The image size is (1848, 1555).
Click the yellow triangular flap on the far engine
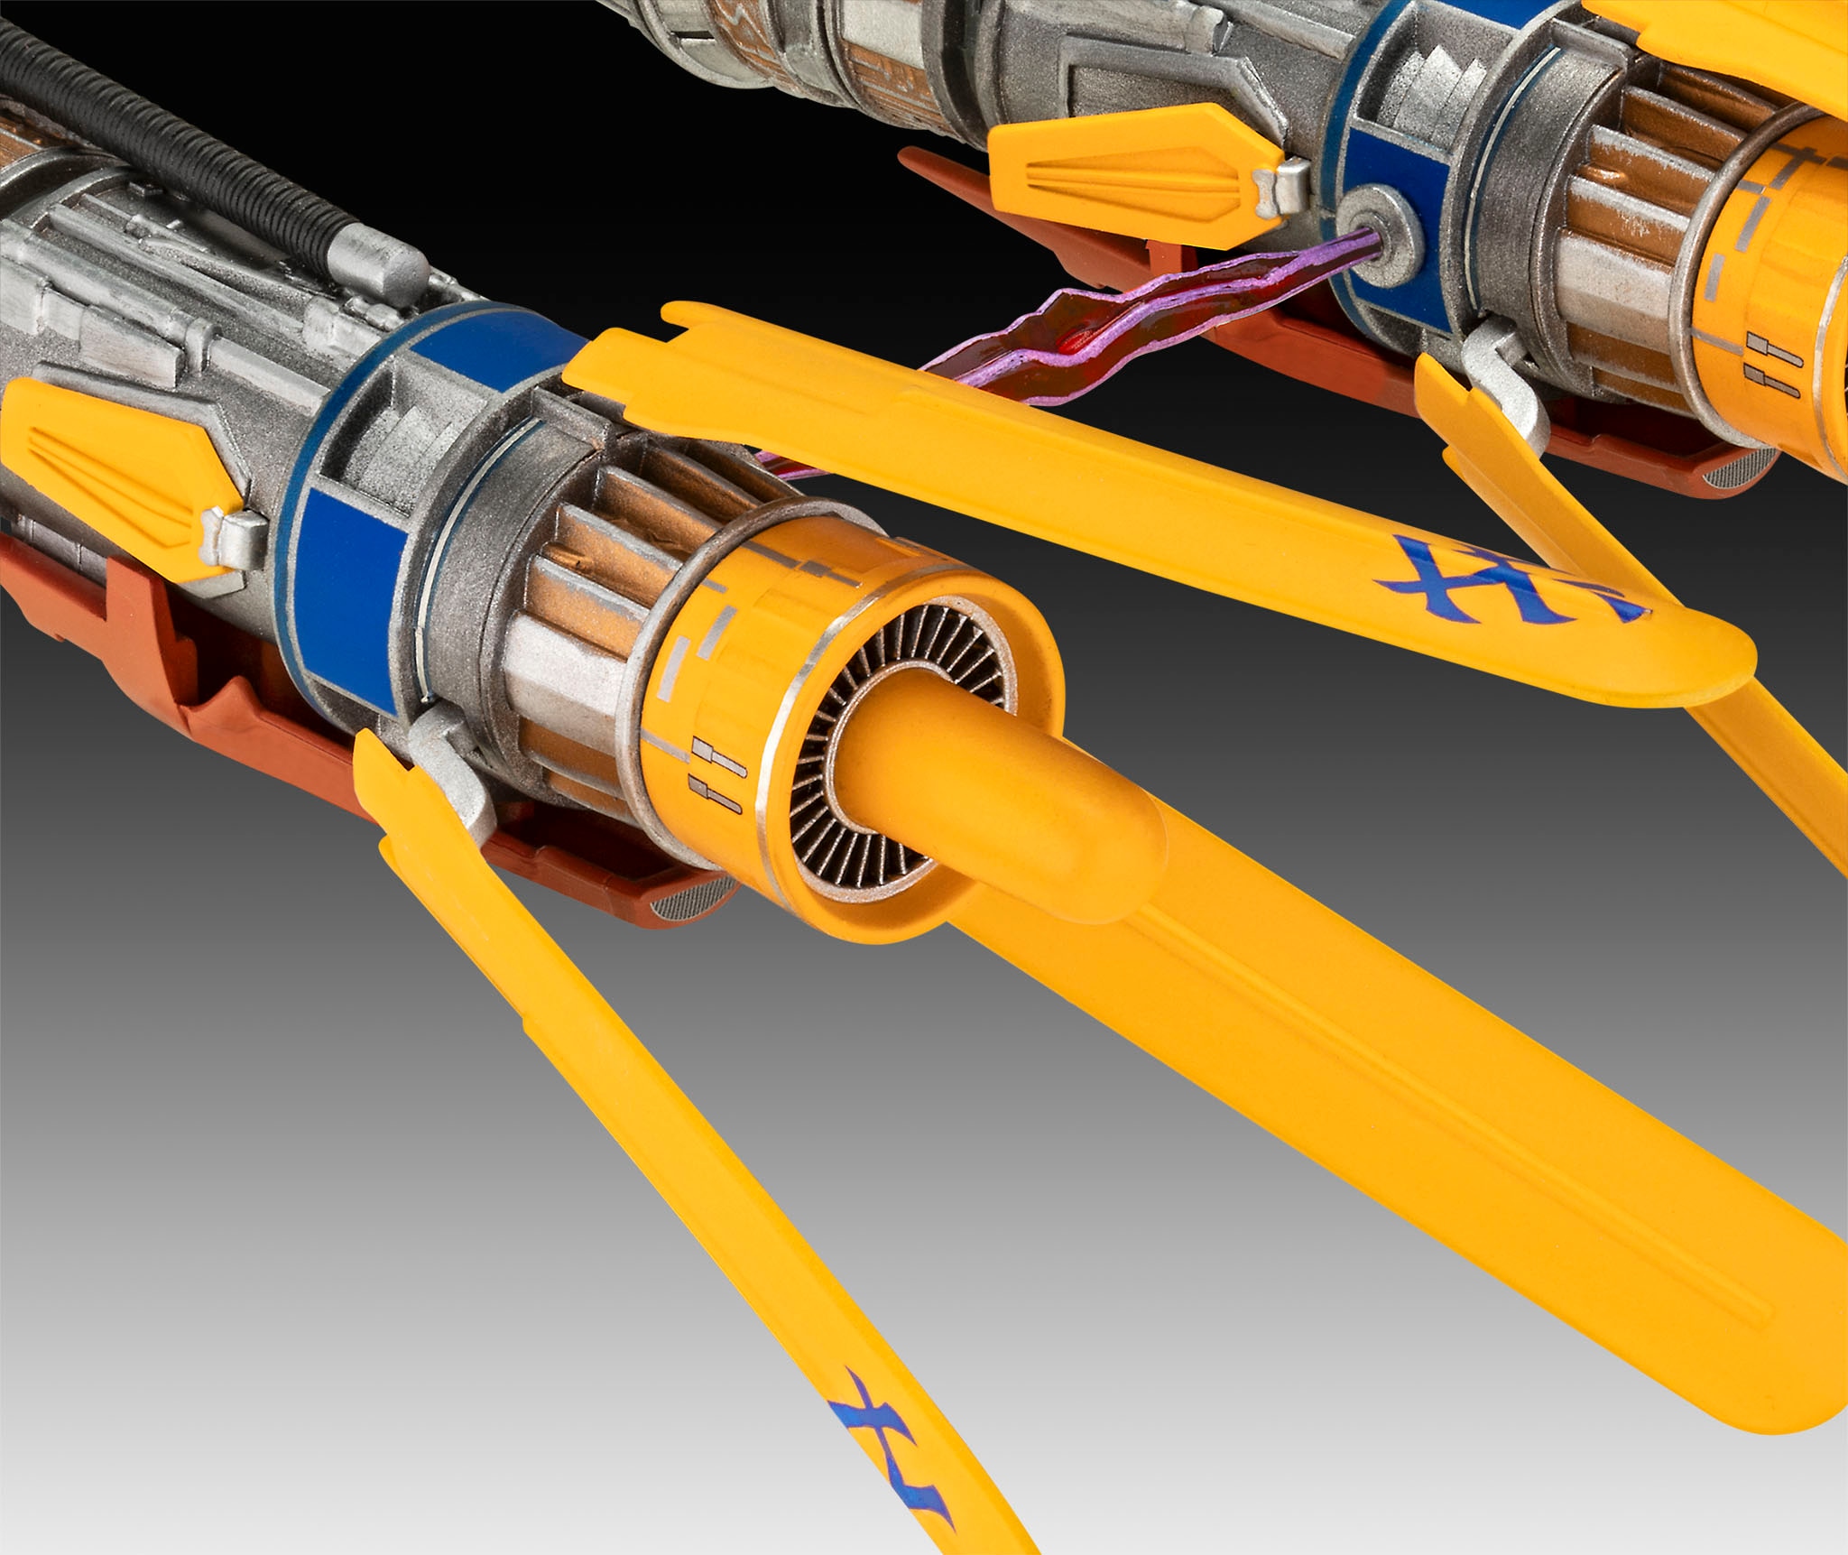[1128, 171]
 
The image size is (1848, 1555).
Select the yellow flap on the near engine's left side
[117, 469]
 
